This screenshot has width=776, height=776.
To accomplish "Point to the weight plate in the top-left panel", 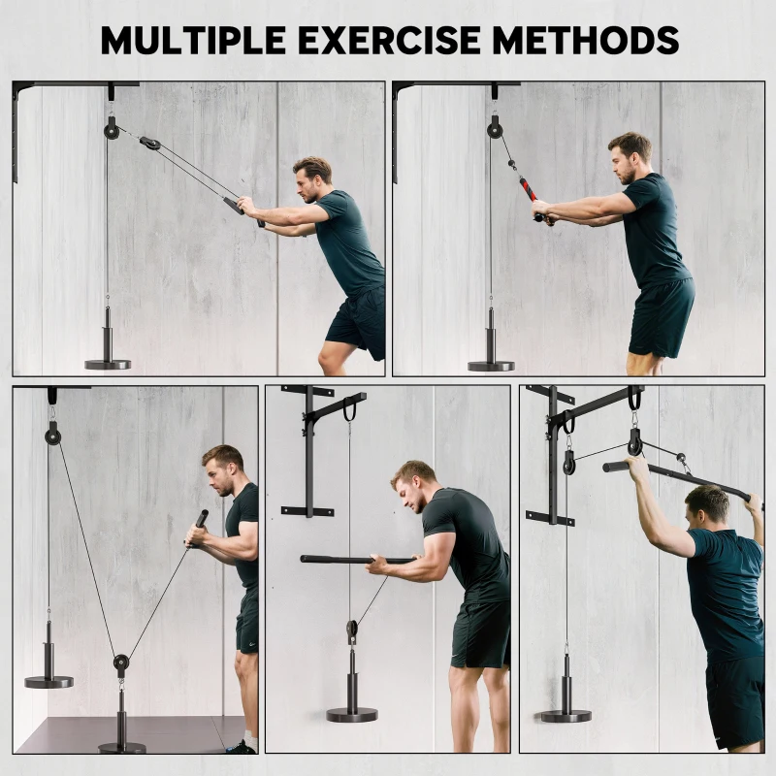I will tap(107, 364).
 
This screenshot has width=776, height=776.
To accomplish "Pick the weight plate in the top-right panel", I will tap(491, 365).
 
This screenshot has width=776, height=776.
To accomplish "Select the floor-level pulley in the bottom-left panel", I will tap(120, 664).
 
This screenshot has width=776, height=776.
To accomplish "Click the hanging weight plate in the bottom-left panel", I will tap(48, 681).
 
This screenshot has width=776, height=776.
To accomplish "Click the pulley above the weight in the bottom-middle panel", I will tap(352, 630).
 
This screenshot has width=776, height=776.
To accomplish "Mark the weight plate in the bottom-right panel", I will tap(566, 714).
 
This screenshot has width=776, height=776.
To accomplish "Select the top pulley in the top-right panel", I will tap(495, 127).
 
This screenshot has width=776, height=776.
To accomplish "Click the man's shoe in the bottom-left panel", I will tap(242, 747).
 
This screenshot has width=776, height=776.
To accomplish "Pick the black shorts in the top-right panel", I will tap(661, 315).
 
